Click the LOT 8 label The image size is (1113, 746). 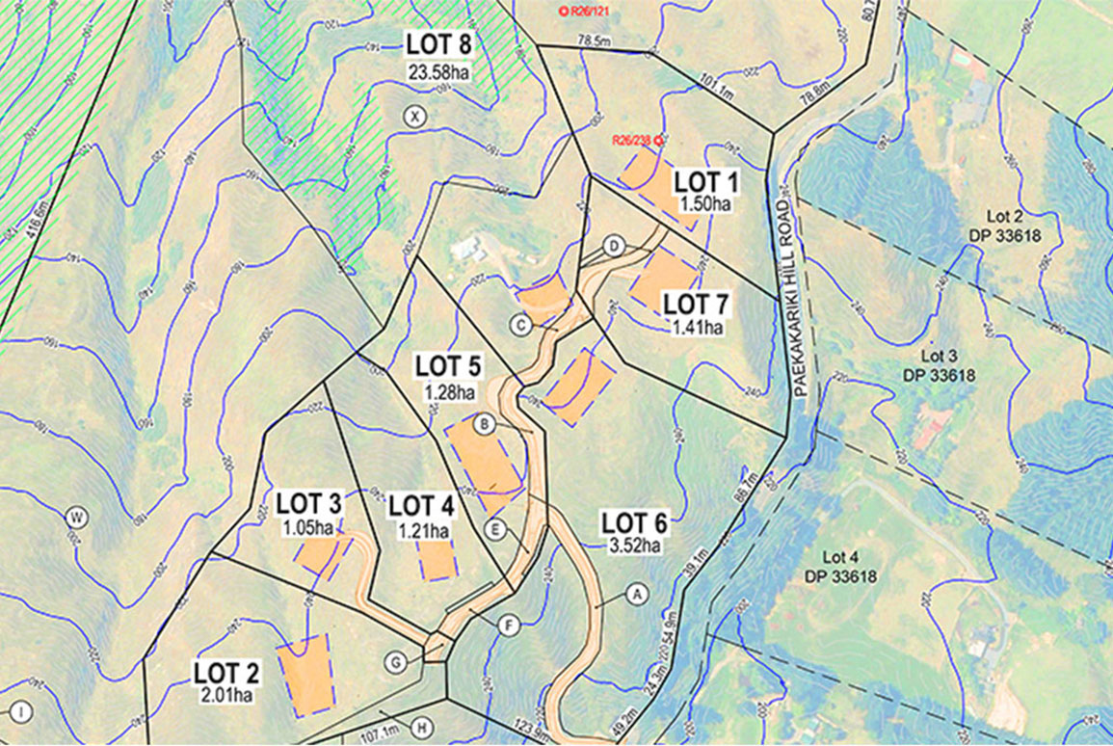coord(439,44)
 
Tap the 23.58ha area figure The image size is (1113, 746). coord(439,71)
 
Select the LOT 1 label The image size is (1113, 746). coord(705,181)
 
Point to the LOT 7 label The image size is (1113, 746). coord(697,306)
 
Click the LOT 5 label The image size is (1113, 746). coord(448,367)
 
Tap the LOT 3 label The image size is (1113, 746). coord(308,503)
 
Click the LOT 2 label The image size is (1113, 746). coord(226,673)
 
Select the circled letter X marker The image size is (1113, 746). coord(414,117)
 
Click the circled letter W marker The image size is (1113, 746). coord(76,518)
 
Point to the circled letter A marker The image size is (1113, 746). coord(635,594)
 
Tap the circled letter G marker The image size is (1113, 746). coord(395,662)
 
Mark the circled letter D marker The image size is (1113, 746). coord(613,247)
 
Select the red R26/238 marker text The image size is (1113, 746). coord(632,140)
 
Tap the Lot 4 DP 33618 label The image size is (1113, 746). coord(842,567)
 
